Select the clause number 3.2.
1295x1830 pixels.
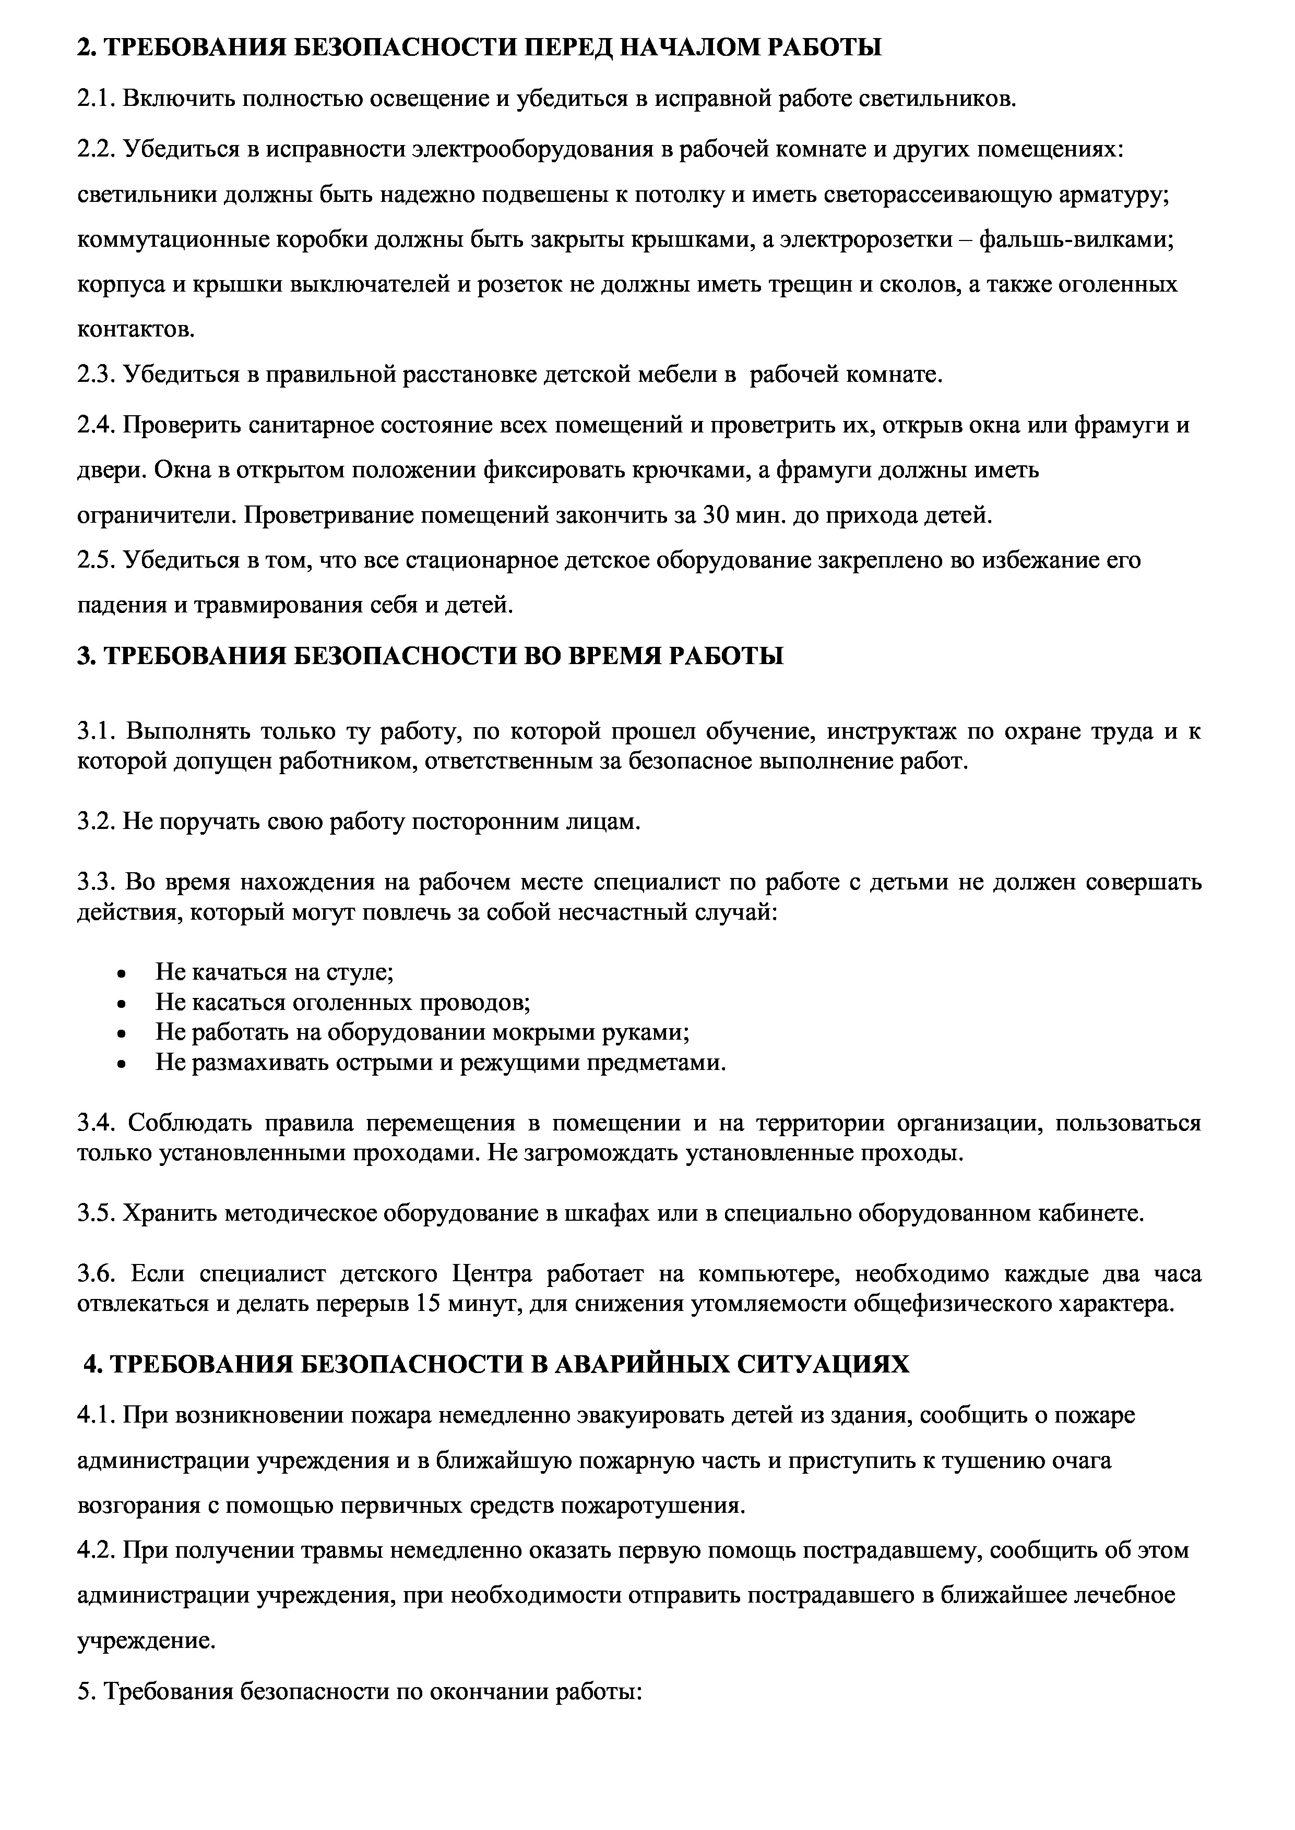pos(97,822)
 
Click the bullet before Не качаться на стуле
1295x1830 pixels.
pos(121,974)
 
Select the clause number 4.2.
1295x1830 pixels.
pos(97,1550)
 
